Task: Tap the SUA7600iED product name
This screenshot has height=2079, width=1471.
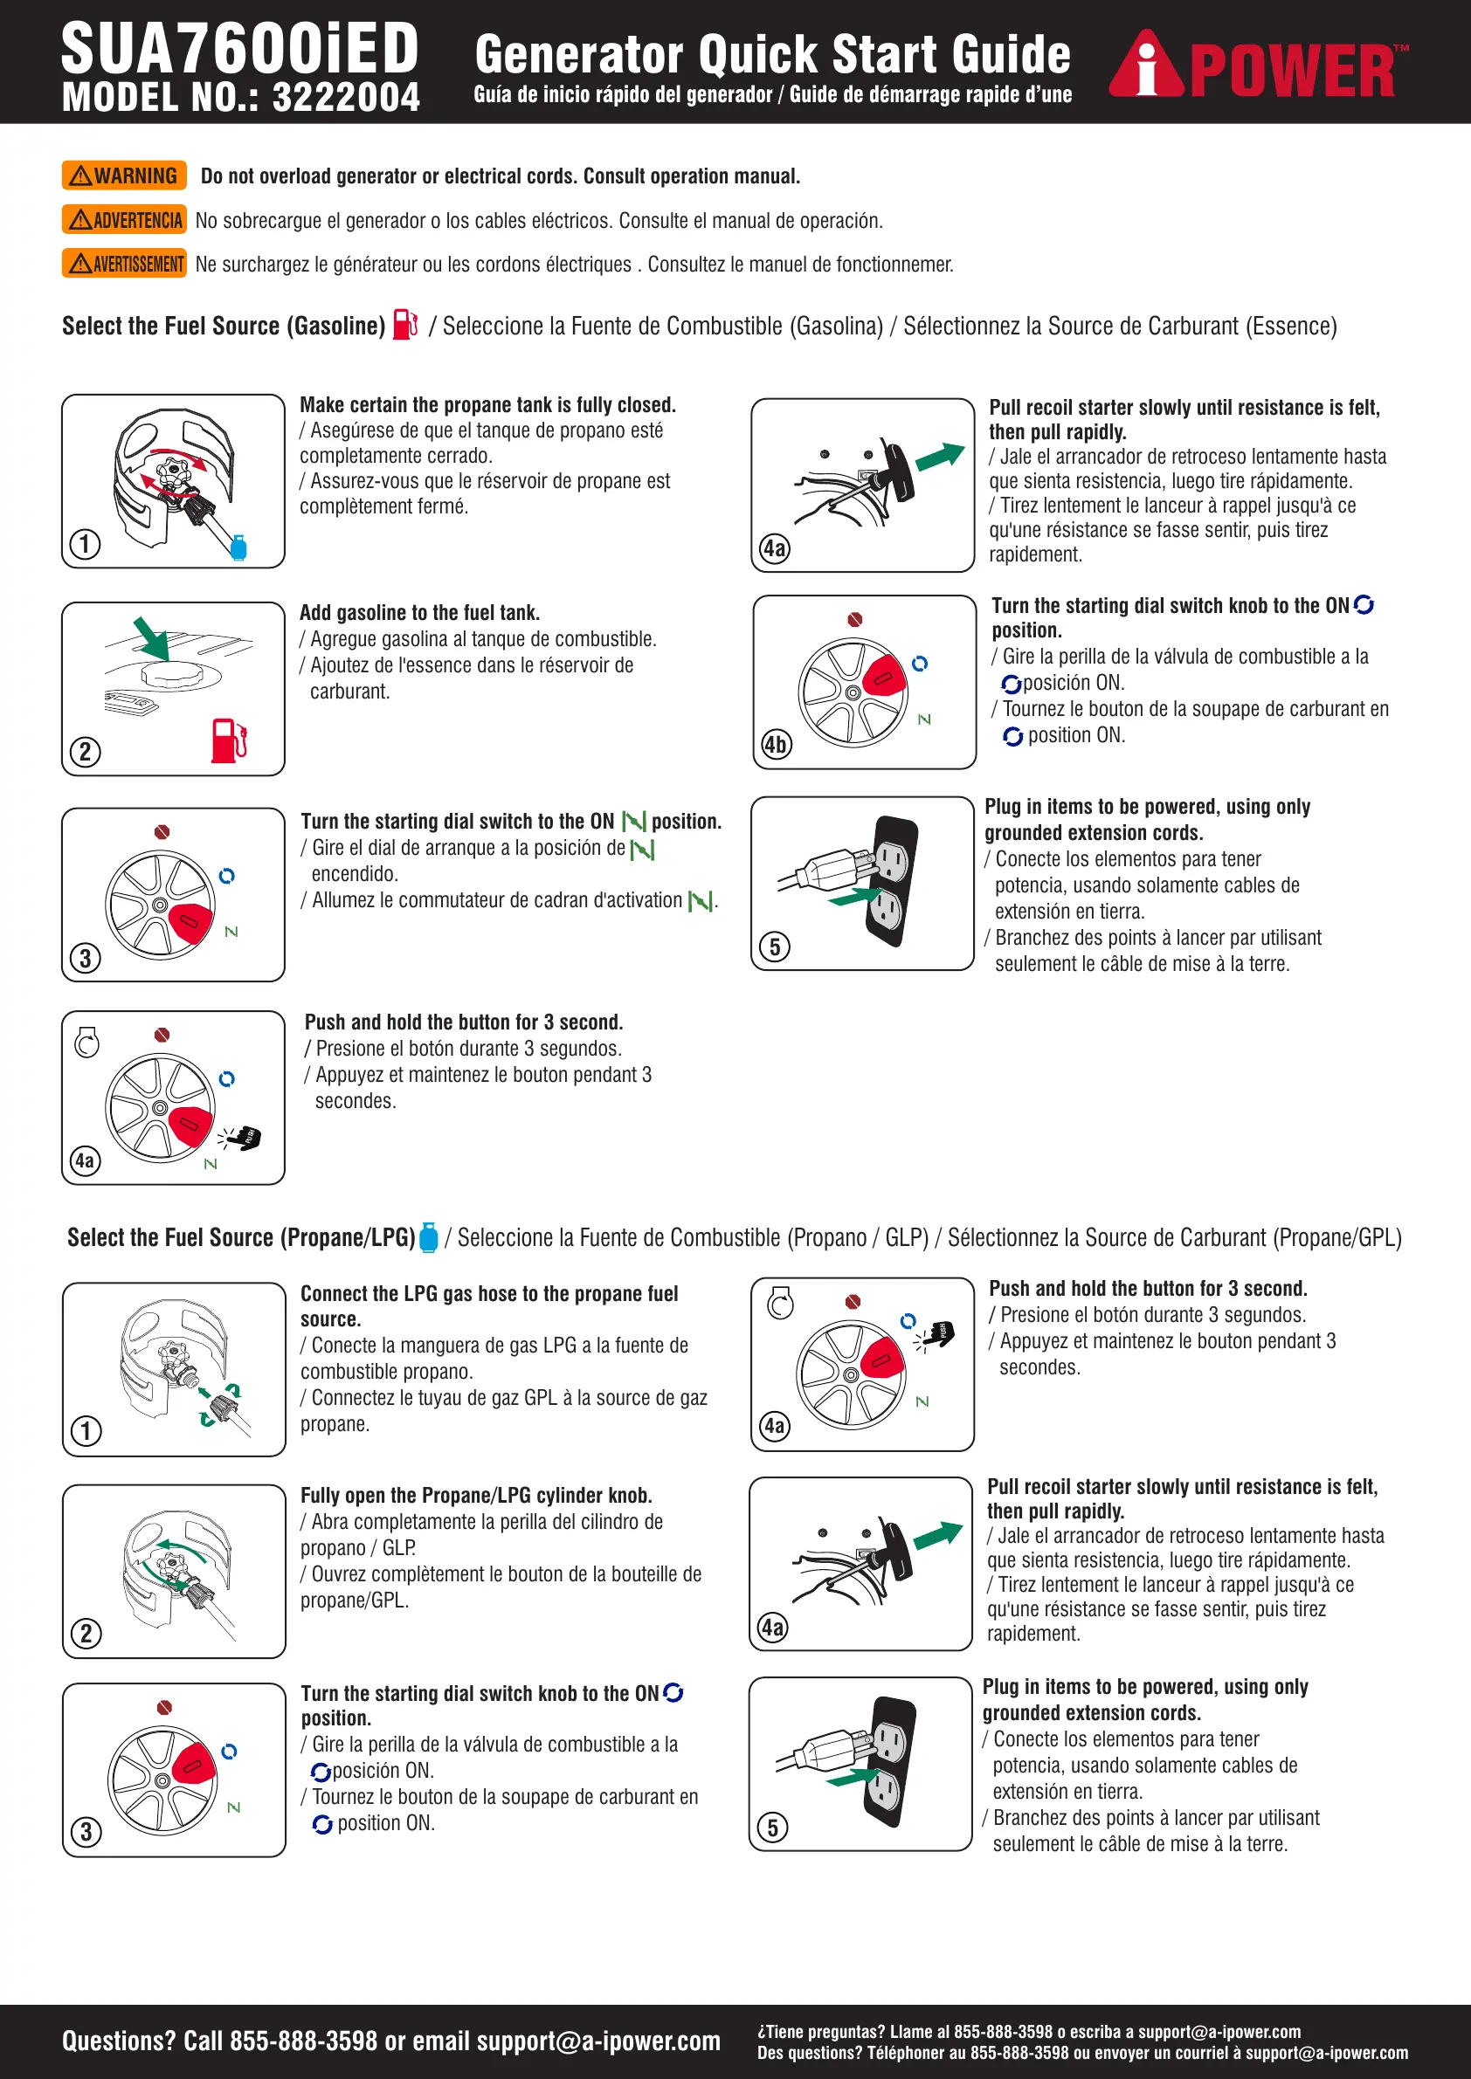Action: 240,49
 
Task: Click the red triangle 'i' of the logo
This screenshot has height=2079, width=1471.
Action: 1147,65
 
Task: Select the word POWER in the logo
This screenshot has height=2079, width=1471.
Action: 1292,72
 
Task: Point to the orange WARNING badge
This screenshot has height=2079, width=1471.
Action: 124,176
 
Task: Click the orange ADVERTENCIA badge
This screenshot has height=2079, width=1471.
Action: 124,220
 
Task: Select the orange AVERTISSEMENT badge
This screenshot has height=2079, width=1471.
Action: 124,264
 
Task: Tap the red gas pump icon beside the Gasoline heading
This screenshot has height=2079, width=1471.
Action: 405,324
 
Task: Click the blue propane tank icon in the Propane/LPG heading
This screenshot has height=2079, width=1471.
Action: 430,1237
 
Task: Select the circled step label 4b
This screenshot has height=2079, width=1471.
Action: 777,744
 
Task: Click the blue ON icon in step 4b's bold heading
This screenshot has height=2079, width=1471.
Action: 1364,605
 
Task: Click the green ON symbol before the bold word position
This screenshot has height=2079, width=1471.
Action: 634,822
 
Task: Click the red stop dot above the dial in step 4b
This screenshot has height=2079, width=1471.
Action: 855,619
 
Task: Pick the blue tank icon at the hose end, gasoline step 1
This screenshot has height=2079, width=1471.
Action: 239,547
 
